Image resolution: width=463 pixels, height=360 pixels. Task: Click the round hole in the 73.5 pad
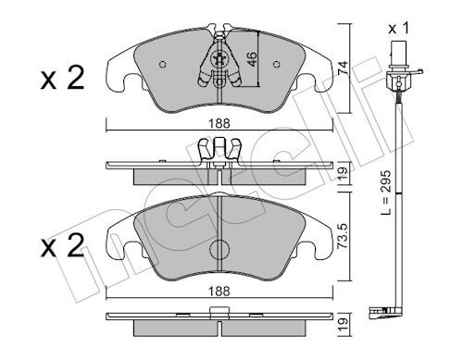point(220,250)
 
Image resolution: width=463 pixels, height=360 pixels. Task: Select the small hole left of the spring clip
point(163,66)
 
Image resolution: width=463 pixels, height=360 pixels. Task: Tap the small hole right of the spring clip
point(278,66)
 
